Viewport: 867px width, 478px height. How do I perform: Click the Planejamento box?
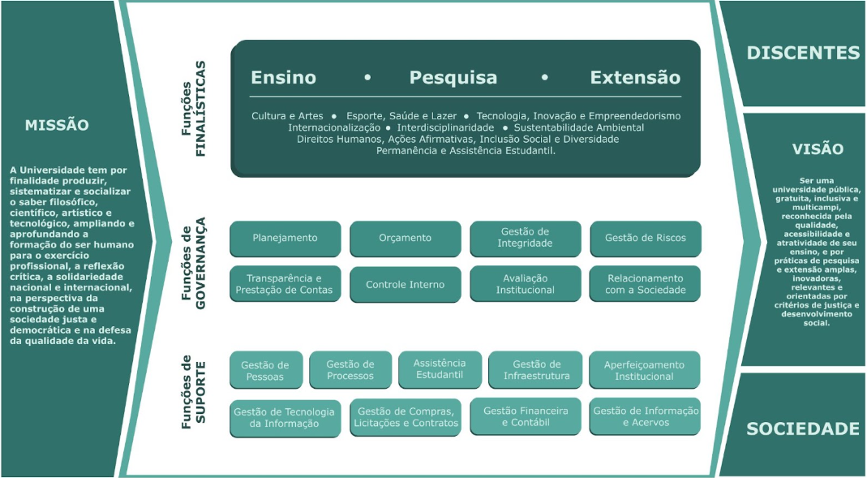pos(285,239)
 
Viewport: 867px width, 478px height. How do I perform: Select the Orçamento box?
pos(405,239)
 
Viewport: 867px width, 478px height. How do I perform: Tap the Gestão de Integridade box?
pos(525,239)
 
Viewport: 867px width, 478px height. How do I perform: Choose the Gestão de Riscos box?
pos(645,239)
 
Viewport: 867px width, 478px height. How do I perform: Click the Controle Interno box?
pos(405,285)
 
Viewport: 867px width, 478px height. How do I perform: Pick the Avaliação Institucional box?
pos(525,284)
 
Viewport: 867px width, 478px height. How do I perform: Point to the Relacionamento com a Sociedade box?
pos(645,284)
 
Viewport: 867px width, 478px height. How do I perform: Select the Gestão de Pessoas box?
pos(265,371)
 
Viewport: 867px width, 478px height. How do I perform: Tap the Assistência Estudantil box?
pos(440,369)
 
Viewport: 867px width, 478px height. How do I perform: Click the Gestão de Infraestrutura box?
pos(535,370)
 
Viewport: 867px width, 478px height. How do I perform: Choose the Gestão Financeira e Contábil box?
pos(526,416)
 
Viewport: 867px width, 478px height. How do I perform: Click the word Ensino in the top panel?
pos(283,78)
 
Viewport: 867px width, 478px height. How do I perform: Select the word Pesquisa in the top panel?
pos(453,78)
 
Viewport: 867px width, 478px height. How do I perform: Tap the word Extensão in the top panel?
pos(635,78)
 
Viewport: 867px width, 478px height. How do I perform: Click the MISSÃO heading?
pos(57,126)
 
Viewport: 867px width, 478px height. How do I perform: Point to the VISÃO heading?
pos(818,149)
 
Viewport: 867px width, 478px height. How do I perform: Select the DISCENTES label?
pos(803,54)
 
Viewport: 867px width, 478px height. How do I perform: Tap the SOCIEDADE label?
pos(802,428)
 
